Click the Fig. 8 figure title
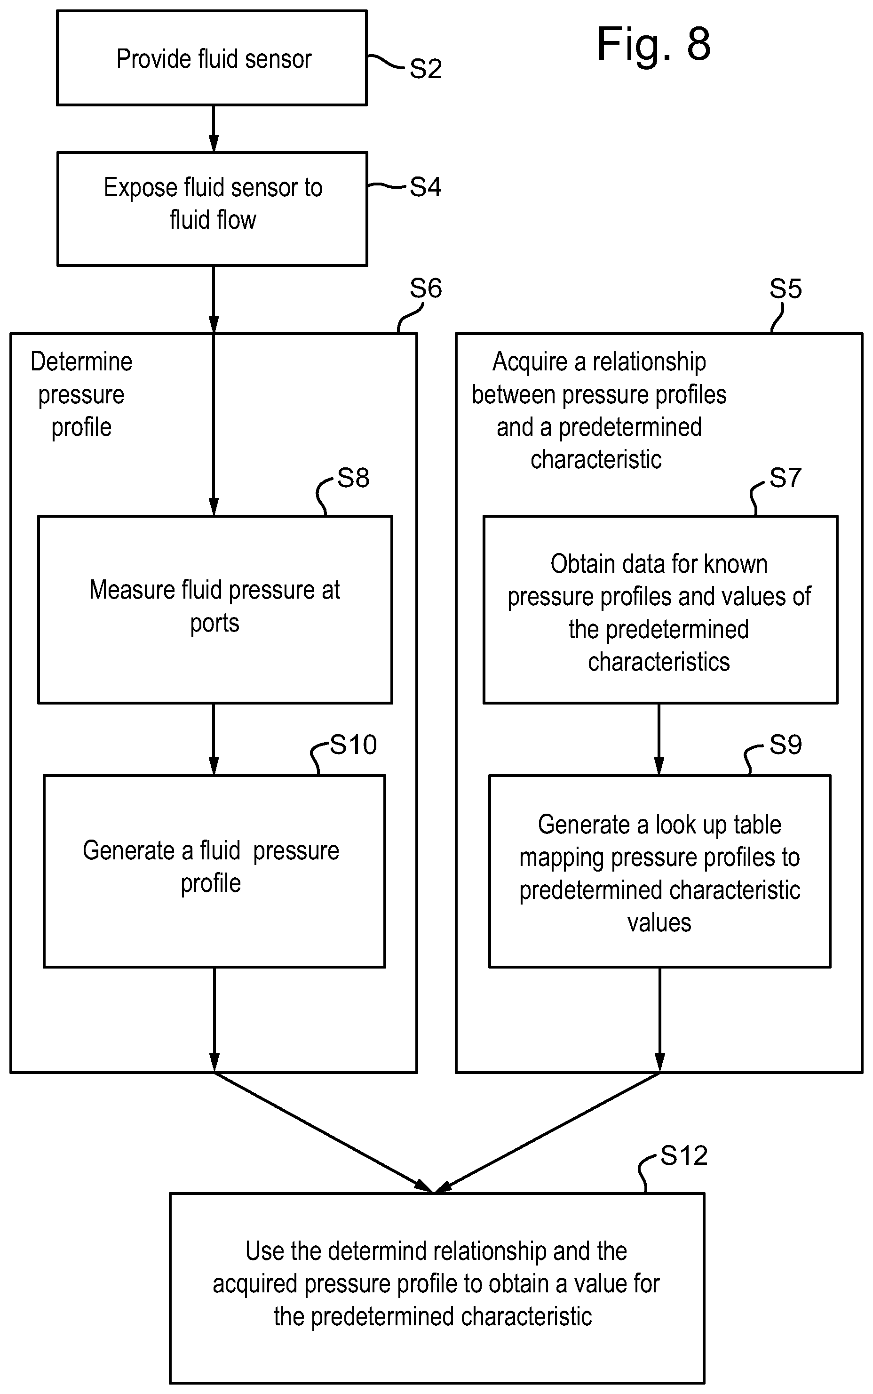coord(654,45)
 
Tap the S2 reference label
coord(426,69)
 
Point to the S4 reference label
coord(426,187)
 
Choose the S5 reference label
coord(786,288)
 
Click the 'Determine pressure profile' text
coord(81,394)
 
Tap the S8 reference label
coord(353,478)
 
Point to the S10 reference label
coord(353,745)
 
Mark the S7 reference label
coord(786,478)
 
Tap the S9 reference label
coord(786,745)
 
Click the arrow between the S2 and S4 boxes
coord(214,129)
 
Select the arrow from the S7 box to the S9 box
coord(659,739)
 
